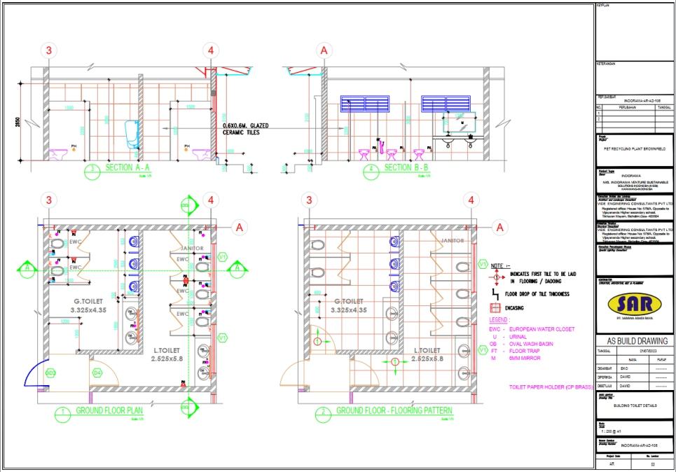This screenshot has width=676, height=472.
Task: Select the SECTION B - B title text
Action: (408, 168)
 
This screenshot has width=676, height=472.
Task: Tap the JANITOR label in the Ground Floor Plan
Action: (191, 249)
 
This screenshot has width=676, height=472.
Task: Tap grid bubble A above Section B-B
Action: (323, 50)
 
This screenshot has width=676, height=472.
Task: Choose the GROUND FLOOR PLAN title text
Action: (110, 411)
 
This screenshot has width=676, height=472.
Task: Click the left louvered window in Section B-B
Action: (364, 104)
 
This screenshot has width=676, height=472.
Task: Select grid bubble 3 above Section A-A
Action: (48, 50)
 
